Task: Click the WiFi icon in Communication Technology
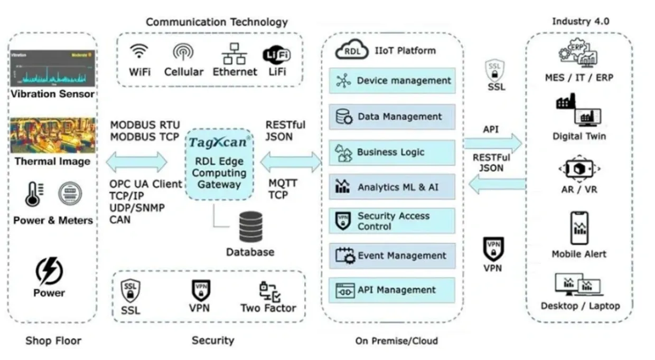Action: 139,52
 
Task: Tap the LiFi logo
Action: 277,54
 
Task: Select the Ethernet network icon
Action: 234,53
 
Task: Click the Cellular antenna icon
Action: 183,52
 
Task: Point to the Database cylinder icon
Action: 250,226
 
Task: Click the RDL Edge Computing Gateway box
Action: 219,164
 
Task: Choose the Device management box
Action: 392,81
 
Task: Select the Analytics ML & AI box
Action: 392,187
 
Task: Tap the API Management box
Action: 392,290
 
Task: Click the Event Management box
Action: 392,256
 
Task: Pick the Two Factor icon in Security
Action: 269,291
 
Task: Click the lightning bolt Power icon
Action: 49,271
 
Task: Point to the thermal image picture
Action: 52,136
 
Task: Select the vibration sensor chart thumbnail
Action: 52,68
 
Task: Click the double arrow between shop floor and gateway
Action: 136,162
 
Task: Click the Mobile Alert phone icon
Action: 579,228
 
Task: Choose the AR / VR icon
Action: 579,169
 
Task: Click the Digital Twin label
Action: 579,136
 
